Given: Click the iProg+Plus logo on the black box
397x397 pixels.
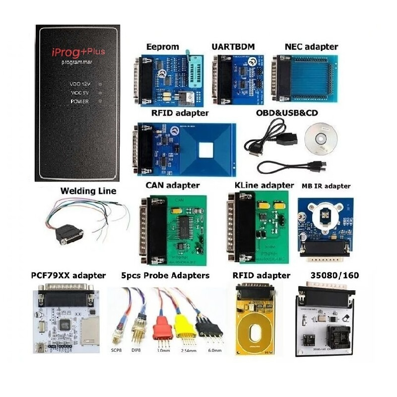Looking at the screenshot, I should click(82, 52).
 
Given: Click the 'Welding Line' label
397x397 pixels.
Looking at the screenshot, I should click(88, 191).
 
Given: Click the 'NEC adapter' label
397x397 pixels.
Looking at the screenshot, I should click(311, 47).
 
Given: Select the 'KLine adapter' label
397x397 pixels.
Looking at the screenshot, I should click(264, 186).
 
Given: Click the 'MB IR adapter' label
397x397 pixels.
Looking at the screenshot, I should click(326, 186).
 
